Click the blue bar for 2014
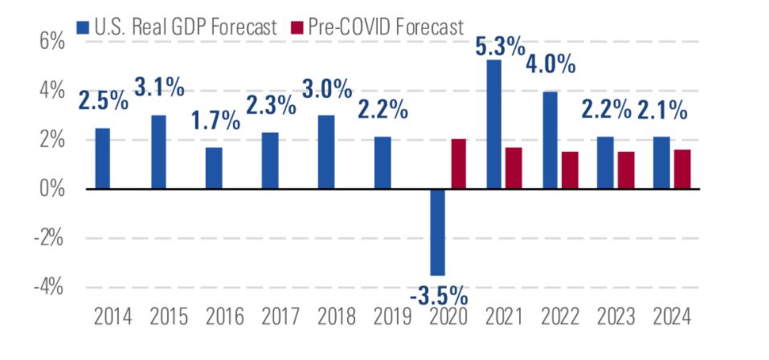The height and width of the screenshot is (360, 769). pyautogui.click(x=103, y=158)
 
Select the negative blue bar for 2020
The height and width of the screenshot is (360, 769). pyautogui.click(x=438, y=232)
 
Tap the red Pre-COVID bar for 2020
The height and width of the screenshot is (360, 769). pyautogui.click(x=459, y=164)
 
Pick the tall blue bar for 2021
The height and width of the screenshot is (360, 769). pyautogui.click(x=493, y=125)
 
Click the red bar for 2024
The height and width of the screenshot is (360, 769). pyautogui.click(x=682, y=170)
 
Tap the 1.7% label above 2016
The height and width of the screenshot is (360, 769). pyautogui.click(x=215, y=121)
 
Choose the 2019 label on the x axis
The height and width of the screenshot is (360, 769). pyautogui.click(x=390, y=317)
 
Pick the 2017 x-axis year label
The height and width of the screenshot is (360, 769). pyautogui.click(x=278, y=317)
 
